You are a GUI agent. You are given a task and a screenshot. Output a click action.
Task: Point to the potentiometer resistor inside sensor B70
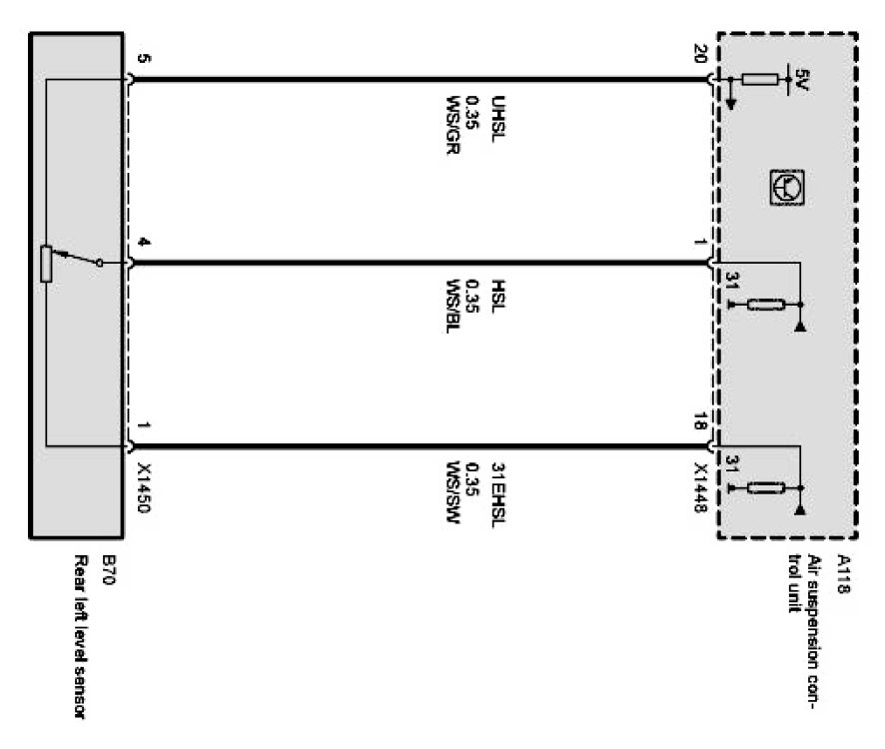pos(46,264)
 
